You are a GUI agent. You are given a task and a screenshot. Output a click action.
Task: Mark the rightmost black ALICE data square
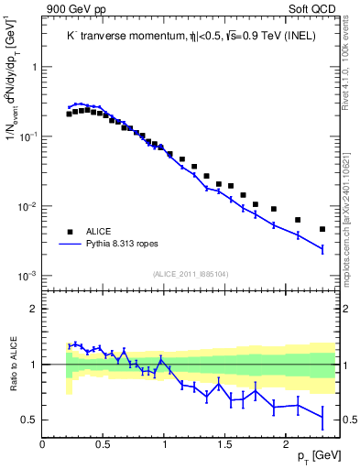[322, 229]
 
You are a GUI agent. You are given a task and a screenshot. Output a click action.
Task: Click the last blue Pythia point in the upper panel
[322, 248]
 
